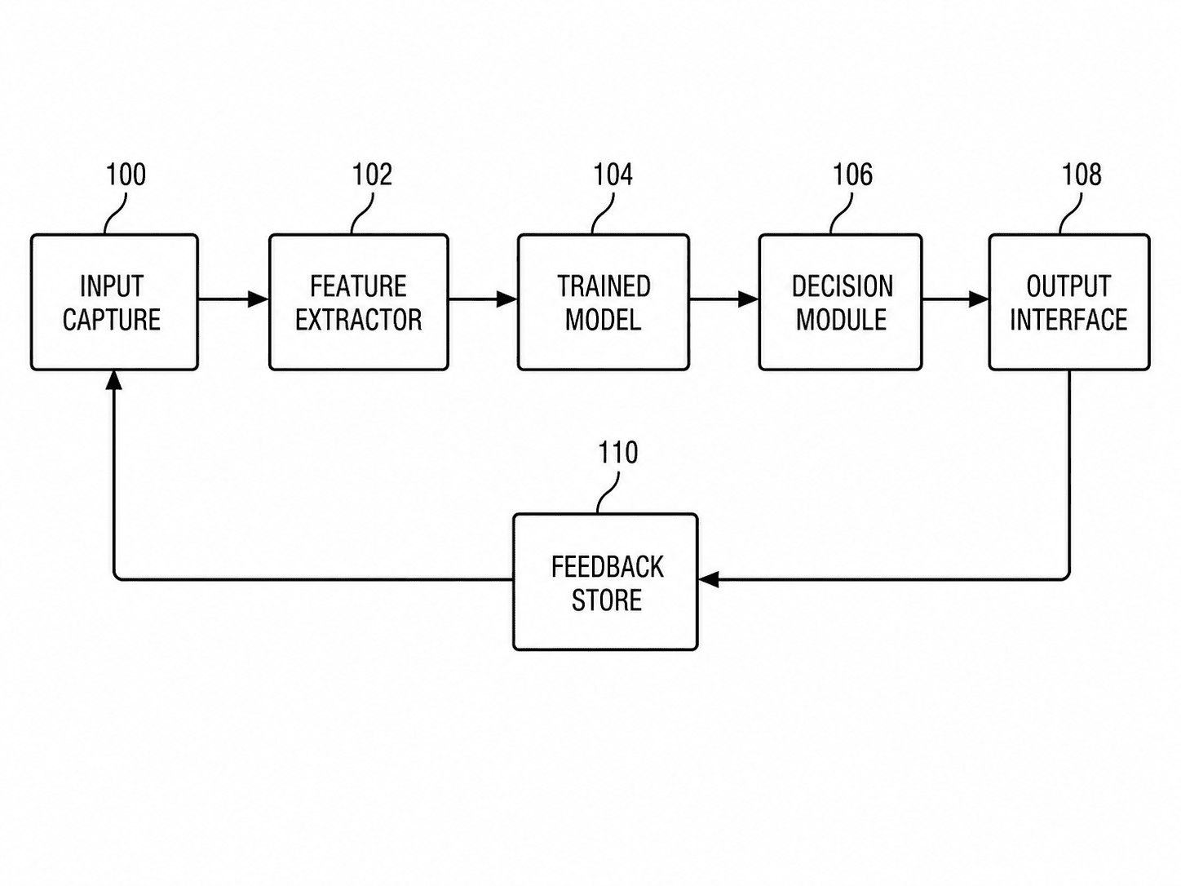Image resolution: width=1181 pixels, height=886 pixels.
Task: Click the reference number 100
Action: tap(126, 175)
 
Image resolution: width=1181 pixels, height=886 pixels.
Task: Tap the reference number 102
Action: tap(372, 175)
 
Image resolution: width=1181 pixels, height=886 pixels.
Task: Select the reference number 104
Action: tap(613, 175)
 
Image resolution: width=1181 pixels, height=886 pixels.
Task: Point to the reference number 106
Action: tap(853, 175)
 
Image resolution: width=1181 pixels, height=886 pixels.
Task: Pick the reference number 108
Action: tap(1081, 175)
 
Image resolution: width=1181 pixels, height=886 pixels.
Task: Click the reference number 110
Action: tap(618, 453)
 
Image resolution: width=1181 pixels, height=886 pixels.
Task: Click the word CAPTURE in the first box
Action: tap(112, 320)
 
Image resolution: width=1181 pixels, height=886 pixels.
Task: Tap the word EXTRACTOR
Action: tap(358, 320)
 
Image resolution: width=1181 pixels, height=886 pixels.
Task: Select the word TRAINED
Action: tap(604, 286)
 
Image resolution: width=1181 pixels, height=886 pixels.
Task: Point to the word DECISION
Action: tap(843, 286)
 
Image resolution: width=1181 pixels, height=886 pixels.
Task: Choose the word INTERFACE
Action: tap(1068, 320)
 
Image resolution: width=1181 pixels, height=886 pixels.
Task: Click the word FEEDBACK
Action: tap(608, 567)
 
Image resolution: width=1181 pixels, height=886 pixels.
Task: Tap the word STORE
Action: tap(607, 600)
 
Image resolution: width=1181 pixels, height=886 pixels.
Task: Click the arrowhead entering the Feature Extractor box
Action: tap(259, 299)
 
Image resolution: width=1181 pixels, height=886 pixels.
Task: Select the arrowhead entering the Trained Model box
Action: tap(507, 299)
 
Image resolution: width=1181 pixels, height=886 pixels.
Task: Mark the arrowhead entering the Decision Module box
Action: tap(749, 299)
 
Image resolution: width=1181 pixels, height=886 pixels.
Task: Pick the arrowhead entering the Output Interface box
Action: tap(979, 299)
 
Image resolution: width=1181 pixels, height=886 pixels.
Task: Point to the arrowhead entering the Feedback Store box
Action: tap(709, 579)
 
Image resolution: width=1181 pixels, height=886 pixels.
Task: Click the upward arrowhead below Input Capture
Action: tap(114, 380)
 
